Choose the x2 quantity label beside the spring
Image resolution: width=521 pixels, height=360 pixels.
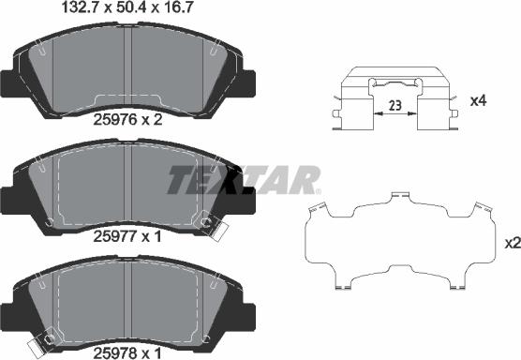pyautogui.click(x=512, y=243)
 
